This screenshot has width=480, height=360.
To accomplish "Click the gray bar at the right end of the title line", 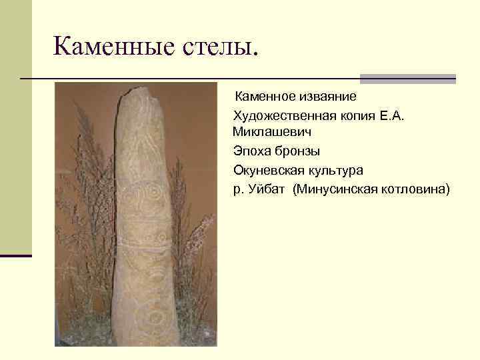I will click(x=407, y=79).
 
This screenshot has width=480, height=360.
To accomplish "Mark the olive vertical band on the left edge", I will click(x=15, y=127).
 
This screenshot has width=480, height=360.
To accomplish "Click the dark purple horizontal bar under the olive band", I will click(x=15, y=255).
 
